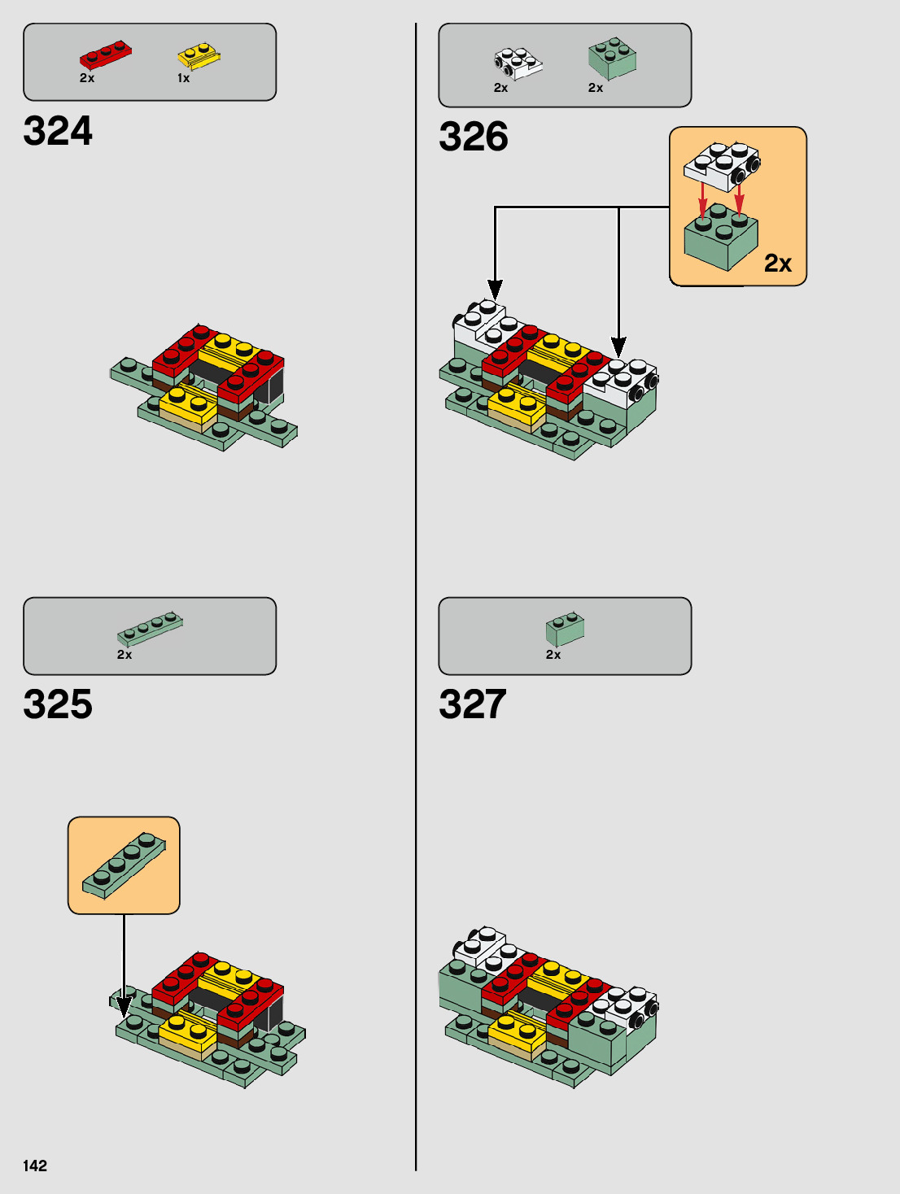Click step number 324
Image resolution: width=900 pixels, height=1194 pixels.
[x=58, y=131]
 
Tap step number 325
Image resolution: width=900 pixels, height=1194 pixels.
[x=58, y=704]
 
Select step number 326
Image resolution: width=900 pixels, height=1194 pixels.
[x=474, y=137]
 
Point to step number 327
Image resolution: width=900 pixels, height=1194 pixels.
[x=473, y=704]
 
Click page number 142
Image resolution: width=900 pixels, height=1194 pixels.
[x=35, y=1166]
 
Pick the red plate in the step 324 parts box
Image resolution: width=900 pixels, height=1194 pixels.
[x=105, y=56]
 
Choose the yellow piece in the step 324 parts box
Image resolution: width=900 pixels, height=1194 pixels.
[x=199, y=57]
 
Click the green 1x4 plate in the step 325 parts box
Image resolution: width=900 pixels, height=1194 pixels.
[x=150, y=628]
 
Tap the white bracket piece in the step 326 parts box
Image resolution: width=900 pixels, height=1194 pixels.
[x=518, y=63]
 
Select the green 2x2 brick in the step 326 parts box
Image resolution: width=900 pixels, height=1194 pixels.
[x=612, y=59]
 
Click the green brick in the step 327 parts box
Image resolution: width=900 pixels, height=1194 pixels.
[x=565, y=628]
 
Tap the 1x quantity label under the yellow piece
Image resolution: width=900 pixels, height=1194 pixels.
[x=184, y=78]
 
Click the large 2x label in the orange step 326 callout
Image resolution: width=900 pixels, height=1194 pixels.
[x=778, y=264]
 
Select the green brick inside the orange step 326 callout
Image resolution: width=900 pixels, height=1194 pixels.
[x=720, y=238]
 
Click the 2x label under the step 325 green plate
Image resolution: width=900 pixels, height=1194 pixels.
[x=125, y=655]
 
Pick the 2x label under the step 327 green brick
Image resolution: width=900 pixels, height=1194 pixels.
[x=553, y=655]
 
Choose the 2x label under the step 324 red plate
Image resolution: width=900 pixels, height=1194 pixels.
[x=87, y=78]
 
